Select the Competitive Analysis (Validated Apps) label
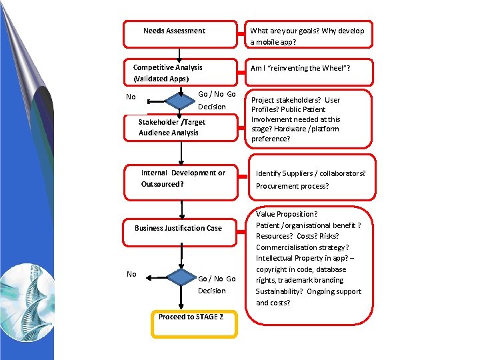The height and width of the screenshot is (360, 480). (x=167, y=73)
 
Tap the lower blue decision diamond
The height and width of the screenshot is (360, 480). (x=179, y=278)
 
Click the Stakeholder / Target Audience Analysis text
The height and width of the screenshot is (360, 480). (x=171, y=127)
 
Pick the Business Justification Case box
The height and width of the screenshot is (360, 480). (x=178, y=228)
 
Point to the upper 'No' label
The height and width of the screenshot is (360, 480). (x=131, y=97)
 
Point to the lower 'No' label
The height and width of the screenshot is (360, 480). (x=131, y=274)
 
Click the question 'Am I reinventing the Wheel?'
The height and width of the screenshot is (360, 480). (x=300, y=68)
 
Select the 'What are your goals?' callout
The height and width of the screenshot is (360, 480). (x=307, y=36)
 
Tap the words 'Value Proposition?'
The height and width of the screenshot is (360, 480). (x=287, y=214)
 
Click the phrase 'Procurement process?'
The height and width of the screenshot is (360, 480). (x=292, y=186)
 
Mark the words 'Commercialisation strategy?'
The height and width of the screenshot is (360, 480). (x=302, y=247)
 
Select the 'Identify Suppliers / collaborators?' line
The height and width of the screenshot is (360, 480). (x=311, y=173)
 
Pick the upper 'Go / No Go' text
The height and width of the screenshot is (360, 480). (x=217, y=94)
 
